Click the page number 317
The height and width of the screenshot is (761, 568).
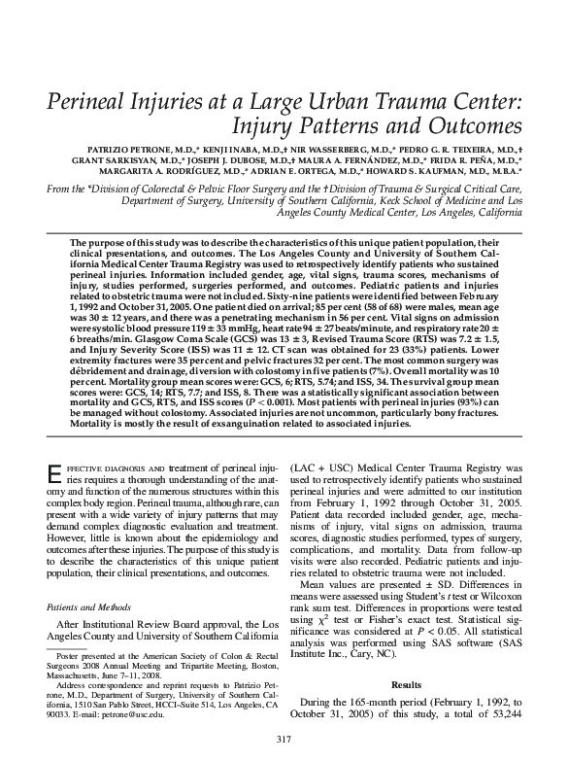tap(283, 742)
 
